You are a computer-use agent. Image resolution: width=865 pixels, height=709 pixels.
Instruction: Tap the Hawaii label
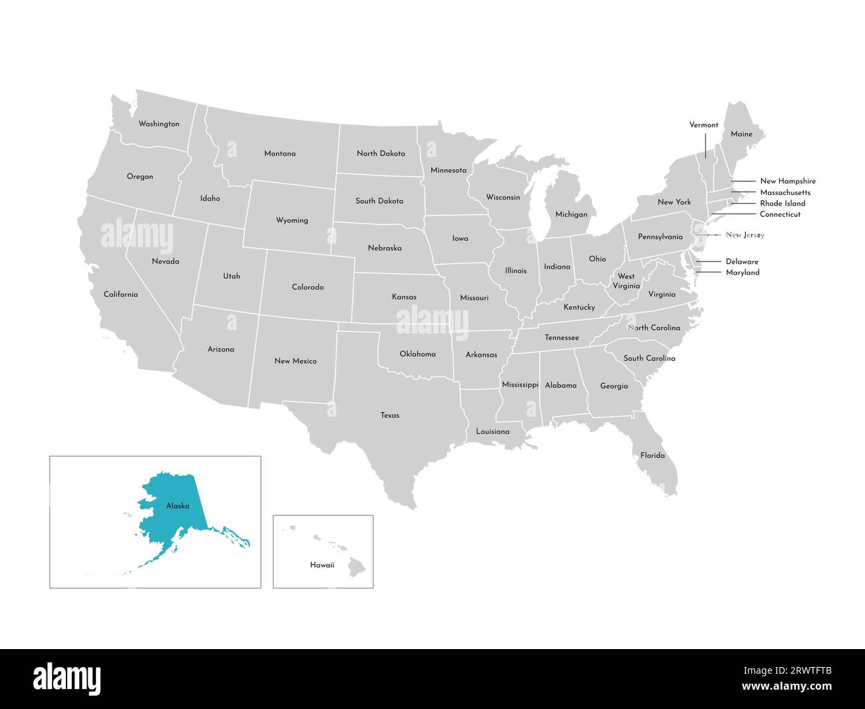(x=322, y=565)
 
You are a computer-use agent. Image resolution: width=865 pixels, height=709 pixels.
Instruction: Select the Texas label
(x=390, y=415)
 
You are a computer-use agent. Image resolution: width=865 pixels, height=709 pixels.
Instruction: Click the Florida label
(x=652, y=455)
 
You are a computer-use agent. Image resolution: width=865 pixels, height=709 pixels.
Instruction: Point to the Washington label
(x=158, y=124)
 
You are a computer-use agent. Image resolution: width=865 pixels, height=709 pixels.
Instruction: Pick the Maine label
(x=741, y=134)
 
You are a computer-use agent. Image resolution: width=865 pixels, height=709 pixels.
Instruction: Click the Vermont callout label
(x=703, y=124)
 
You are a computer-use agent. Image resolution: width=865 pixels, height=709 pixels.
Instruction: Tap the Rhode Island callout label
(x=782, y=203)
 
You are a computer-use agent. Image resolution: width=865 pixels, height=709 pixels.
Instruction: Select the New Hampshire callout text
(x=787, y=181)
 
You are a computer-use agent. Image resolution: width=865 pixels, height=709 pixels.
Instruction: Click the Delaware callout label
(x=741, y=262)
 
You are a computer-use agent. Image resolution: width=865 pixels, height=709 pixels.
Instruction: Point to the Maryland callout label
(x=742, y=272)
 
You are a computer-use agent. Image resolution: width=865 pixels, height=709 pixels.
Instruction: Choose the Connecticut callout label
(x=780, y=214)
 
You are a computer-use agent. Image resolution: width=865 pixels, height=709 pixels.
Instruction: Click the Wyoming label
(x=292, y=220)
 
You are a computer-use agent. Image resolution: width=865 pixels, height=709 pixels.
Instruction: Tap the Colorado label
(x=307, y=287)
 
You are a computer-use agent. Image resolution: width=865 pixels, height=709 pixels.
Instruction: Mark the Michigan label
(x=571, y=214)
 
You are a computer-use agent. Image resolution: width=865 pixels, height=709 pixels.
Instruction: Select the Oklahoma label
(x=417, y=354)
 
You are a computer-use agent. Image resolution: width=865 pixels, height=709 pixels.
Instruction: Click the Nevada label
(x=165, y=262)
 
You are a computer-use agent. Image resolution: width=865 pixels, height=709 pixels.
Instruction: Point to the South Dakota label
(x=379, y=200)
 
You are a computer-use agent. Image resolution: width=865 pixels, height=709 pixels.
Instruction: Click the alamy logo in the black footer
(x=67, y=678)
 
